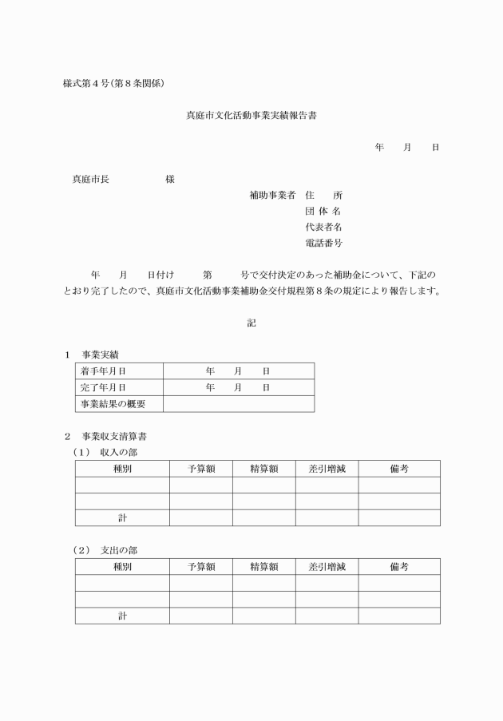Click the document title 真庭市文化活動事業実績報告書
pyautogui.click(x=252, y=116)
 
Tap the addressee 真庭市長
pyautogui.click(x=91, y=179)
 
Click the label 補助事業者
pyautogui.click(x=272, y=195)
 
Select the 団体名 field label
pyautogui.click(x=323, y=211)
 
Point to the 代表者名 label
pyautogui.click(x=323, y=227)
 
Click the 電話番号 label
pyautogui.click(x=323, y=243)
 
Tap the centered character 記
pyautogui.click(x=252, y=323)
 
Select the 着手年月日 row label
pyautogui.click(x=103, y=371)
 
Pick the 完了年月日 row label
pyautogui.click(x=103, y=387)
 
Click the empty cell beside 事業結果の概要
pyautogui.click(x=238, y=404)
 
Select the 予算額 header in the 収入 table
pyautogui.click(x=201, y=469)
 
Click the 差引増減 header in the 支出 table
pyautogui.click(x=327, y=567)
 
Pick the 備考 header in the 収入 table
pyautogui.click(x=399, y=469)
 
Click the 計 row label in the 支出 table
pyautogui.click(x=122, y=616)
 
